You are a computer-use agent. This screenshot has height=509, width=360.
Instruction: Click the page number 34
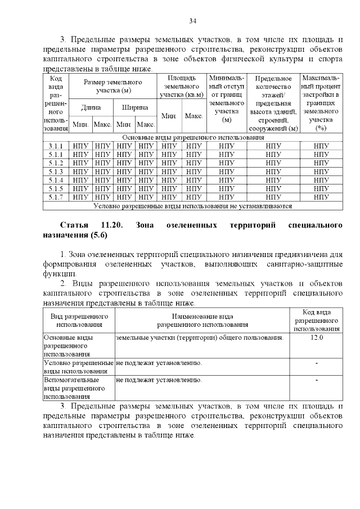click(192, 21)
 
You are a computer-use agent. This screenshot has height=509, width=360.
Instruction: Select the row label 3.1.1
click(55, 146)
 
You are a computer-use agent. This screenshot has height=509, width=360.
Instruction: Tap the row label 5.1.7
click(55, 197)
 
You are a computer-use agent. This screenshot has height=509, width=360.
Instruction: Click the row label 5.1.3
click(55, 172)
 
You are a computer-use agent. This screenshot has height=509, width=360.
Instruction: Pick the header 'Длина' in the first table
click(91, 107)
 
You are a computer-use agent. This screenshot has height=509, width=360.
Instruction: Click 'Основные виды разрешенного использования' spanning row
click(193, 137)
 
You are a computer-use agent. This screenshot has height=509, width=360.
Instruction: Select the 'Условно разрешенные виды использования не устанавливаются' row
click(193, 206)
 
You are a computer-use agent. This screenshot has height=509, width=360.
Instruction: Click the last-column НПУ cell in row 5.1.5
click(321, 188)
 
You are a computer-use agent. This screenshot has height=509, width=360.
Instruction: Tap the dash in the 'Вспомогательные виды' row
click(317, 381)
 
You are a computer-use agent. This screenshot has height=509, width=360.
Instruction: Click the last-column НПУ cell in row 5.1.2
click(321, 163)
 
